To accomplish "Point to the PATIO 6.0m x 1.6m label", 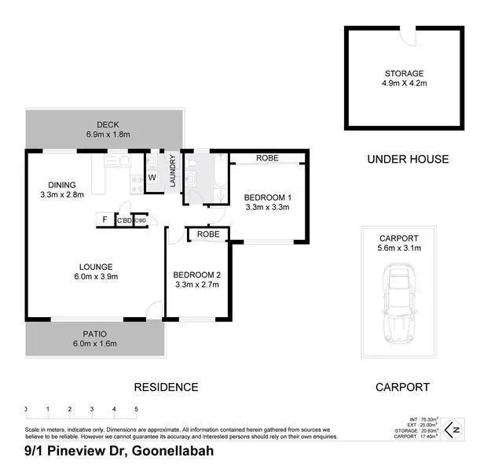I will point(94,338).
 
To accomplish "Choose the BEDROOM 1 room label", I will point(267,202).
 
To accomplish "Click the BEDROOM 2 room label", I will point(196,278).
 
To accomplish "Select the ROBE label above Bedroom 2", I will point(208,234).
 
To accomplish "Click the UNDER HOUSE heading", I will point(408,159).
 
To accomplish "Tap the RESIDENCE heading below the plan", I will point(165,387).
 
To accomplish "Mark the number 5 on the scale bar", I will point(136,410).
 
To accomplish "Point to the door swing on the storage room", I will point(408,35).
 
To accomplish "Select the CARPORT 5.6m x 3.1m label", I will point(400,243).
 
